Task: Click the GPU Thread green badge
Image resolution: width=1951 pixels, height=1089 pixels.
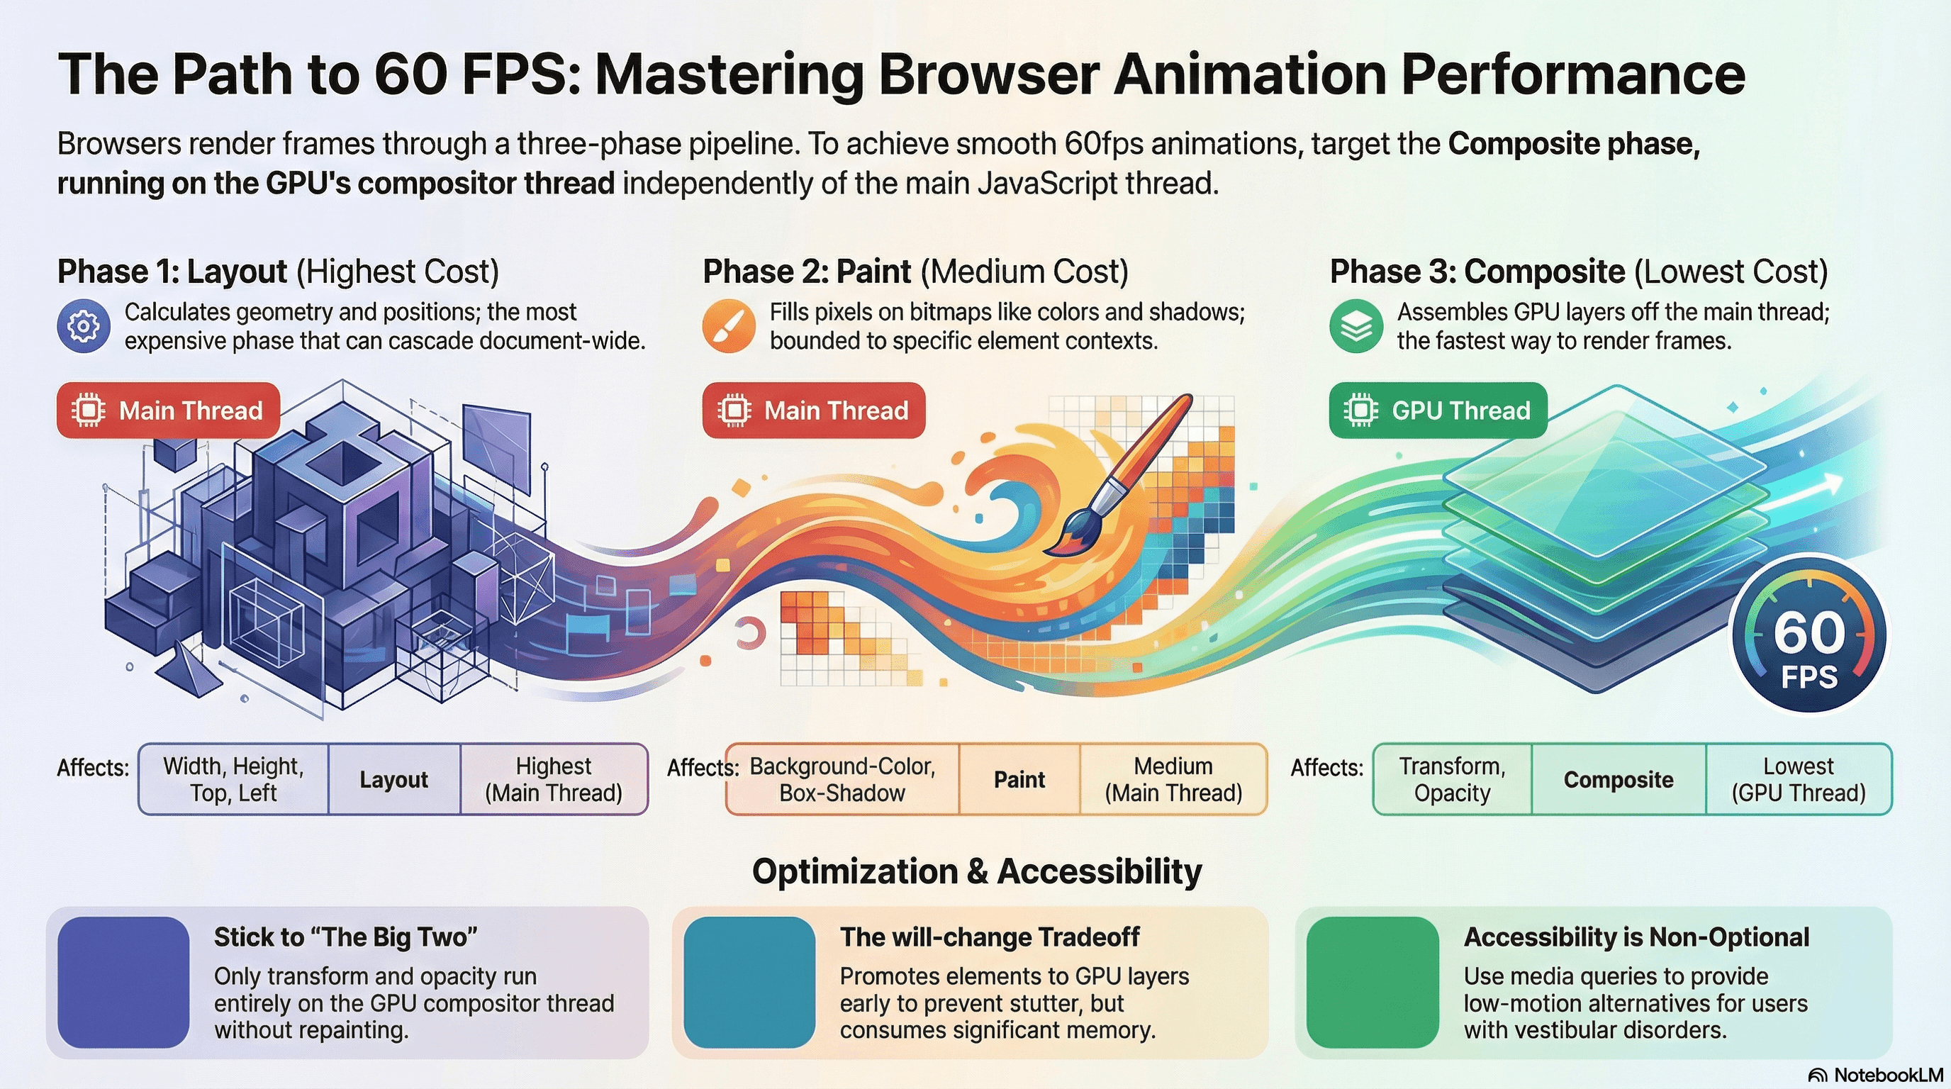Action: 1438,411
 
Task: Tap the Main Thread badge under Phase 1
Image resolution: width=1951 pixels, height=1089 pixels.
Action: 168,411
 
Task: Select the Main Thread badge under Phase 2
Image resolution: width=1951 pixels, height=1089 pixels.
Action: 813,411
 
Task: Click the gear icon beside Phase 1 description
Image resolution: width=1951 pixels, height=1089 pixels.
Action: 84,325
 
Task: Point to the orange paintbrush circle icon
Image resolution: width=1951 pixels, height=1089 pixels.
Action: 729,325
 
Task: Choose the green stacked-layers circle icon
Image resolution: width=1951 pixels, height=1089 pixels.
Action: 1355,325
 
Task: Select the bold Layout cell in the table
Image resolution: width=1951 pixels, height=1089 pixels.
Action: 394,779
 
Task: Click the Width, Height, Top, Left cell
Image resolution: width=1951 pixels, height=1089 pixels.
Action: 233,779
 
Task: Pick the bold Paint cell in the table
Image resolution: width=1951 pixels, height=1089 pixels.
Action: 1019,779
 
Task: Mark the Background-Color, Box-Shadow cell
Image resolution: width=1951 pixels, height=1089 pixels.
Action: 842,779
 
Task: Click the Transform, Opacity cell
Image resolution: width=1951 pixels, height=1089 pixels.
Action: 1452,779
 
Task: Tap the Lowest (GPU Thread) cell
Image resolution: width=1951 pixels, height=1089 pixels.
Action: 1798,779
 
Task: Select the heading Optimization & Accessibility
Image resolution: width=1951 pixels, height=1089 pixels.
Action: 976,871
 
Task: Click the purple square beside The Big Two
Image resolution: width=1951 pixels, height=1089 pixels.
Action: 123,982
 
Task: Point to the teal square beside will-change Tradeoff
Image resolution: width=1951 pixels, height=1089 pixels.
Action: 749,982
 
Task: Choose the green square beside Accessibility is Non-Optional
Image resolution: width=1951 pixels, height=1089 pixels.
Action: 1373,982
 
